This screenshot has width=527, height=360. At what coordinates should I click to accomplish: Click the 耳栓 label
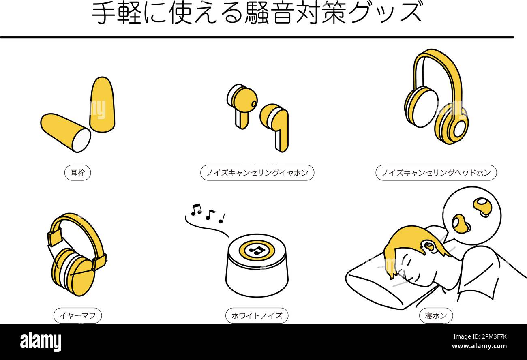tap(77, 173)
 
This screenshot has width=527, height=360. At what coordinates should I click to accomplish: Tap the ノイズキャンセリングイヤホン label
tap(257, 173)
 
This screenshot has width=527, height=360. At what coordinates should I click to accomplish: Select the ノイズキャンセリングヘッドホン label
tap(436, 173)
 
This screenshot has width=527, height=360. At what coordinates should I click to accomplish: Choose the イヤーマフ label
tap(77, 316)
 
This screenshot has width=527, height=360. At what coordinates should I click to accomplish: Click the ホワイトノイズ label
tap(257, 316)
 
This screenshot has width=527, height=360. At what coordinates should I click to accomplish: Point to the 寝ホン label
tap(436, 316)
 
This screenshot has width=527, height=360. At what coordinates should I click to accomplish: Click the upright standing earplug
tap(102, 104)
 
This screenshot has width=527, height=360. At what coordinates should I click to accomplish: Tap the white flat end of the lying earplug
tap(81, 140)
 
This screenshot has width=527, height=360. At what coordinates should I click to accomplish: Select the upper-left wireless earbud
tap(242, 101)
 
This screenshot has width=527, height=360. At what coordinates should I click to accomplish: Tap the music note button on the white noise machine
tap(257, 250)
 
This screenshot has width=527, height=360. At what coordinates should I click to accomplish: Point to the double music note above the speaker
tap(196, 209)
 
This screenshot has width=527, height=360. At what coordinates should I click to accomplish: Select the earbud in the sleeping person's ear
tap(428, 246)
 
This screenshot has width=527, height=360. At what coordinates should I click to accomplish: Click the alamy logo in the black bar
tap(41, 342)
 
